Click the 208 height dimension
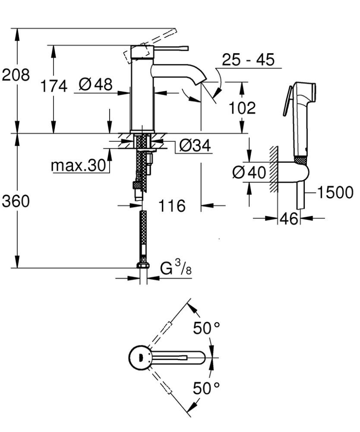coord(16,75)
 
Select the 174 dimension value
coord(54,86)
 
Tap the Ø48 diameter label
coord(95,84)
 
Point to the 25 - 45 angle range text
coord(248,60)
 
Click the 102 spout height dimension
coord(242,108)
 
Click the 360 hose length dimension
coord(16,201)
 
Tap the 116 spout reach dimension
coord(171,206)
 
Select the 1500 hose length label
coord(335,192)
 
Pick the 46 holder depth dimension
coord(289,219)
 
